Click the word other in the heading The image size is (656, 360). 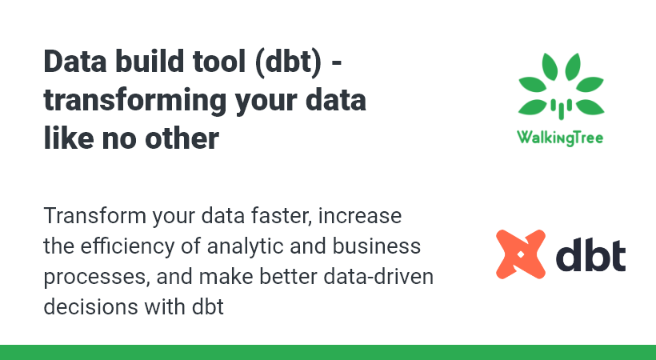[x=182, y=138]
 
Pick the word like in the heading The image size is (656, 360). [x=69, y=138]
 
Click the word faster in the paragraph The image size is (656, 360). [x=281, y=216]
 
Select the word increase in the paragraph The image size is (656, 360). [x=360, y=216]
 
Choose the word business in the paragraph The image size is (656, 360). [x=377, y=246]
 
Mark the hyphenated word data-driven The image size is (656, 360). [x=378, y=277]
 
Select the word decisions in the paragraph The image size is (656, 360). [x=90, y=307]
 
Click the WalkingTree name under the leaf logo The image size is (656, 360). [x=560, y=138]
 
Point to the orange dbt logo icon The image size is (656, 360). [x=521, y=254]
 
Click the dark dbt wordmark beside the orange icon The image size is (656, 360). [x=591, y=254]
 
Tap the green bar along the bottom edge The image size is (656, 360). [x=328, y=353]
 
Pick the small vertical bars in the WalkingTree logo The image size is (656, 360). [x=561, y=109]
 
